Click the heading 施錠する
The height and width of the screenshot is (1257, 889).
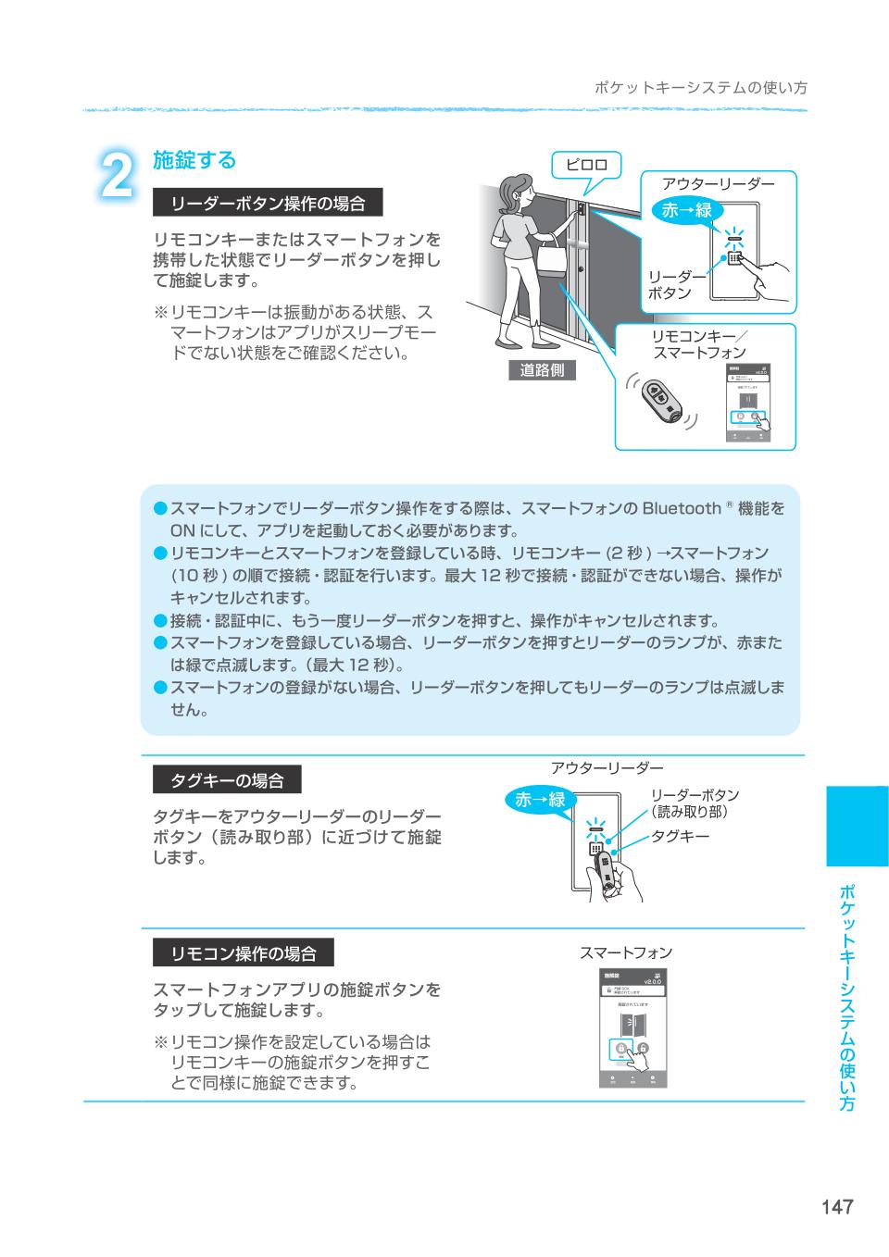point(194,160)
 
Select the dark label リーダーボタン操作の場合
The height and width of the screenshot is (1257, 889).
point(268,203)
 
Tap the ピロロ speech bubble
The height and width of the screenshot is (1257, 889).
point(586,165)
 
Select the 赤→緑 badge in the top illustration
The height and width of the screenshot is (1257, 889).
point(687,210)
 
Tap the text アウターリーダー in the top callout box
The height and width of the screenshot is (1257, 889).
point(718,184)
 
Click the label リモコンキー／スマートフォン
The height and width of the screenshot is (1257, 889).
point(699,344)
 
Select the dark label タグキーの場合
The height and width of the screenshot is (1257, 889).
point(227,780)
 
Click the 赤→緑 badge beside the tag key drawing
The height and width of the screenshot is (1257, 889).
point(540,800)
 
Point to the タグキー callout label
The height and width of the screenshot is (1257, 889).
point(681,836)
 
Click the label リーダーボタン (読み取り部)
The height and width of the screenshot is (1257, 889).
point(695,803)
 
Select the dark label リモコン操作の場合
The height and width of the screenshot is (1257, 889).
point(243,953)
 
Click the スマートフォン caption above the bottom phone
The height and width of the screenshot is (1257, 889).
point(626,952)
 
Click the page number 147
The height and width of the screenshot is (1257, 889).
point(835,1206)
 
